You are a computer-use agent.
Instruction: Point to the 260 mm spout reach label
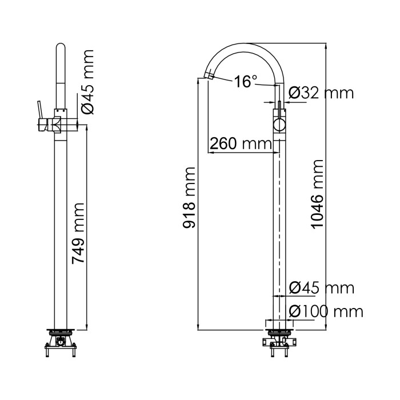click(x=240, y=143)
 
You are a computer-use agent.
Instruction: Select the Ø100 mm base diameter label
click(x=326, y=311)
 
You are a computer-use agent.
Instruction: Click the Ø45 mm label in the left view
click(x=89, y=82)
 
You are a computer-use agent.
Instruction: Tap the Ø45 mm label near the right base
click(x=321, y=288)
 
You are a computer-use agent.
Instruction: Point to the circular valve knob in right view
click(x=280, y=125)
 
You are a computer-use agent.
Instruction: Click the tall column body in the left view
click(x=61, y=229)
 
